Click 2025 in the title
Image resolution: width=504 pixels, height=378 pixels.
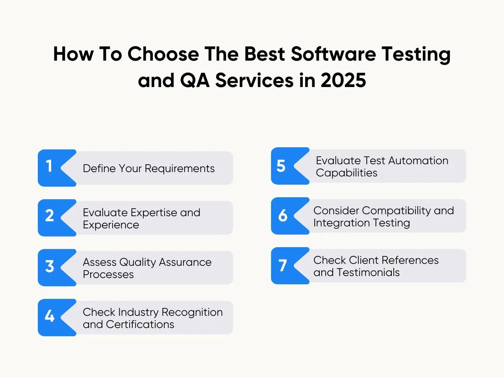(x=343, y=80)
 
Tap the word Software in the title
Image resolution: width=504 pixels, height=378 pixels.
(x=334, y=54)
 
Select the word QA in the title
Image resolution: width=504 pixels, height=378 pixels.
(x=195, y=80)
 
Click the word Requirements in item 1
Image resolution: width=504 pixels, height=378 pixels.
(x=180, y=169)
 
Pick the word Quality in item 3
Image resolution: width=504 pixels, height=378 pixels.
(x=137, y=262)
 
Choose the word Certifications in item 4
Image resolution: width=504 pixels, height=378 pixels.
(x=140, y=324)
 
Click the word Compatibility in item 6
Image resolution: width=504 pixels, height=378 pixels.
(x=397, y=211)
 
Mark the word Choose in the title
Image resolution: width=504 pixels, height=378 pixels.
(x=163, y=54)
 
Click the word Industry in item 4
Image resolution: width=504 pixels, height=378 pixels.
(x=139, y=312)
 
